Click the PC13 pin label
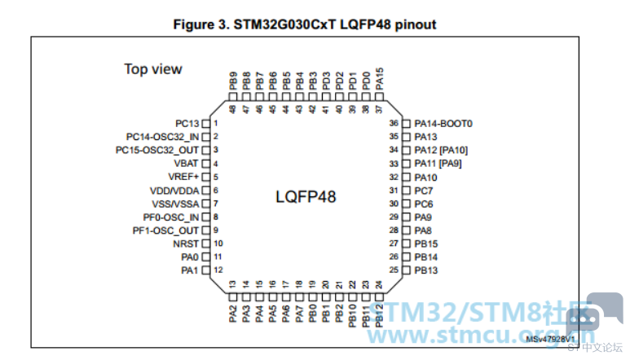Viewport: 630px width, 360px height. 187,123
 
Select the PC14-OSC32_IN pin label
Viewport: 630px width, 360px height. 163,137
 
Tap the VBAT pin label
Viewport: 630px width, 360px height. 186,163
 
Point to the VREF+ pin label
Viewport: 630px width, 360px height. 184,176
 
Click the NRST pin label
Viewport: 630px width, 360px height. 186,243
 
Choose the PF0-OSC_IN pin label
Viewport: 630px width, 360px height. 171,217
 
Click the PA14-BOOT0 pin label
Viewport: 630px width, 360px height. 443,124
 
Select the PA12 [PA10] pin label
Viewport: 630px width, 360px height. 441,150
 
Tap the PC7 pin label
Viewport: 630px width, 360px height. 424,191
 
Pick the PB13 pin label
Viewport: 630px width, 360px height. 426,270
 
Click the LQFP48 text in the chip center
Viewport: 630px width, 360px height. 304,196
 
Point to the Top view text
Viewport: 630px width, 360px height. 153,69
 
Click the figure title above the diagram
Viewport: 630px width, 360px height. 305,24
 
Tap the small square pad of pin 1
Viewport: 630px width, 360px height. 206,123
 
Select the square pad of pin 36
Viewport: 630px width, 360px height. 407,123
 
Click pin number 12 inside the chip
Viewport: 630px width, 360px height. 219,270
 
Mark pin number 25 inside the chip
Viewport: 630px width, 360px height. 394,270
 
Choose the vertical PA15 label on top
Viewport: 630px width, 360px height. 379,80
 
